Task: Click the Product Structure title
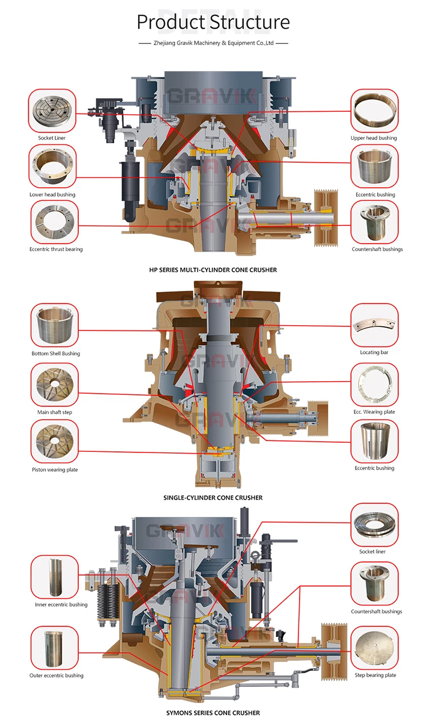click(213, 22)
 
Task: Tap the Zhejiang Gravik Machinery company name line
click(213, 43)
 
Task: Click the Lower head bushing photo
click(53, 167)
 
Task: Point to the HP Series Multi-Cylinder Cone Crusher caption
click(213, 270)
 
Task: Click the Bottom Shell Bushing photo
click(55, 326)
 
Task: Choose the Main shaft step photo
click(55, 385)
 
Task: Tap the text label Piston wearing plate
click(55, 470)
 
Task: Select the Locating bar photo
click(374, 326)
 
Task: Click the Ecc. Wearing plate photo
click(374, 385)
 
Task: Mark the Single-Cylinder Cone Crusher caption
click(213, 497)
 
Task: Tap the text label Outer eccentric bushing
click(56, 675)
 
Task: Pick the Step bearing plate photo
click(374, 648)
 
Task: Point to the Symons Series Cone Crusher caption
click(213, 713)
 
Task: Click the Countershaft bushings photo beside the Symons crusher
click(374, 583)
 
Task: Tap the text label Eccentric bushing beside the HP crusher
click(374, 195)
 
